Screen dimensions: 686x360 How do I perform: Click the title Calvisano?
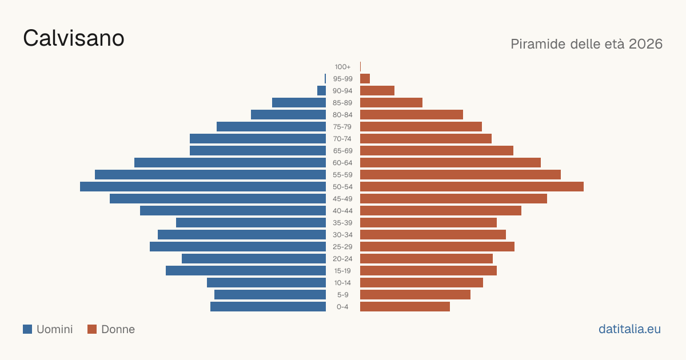[x=74, y=38]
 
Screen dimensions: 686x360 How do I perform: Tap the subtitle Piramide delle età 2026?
[x=587, y=44]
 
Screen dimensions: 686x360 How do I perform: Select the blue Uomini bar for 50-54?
[x=203, y=187]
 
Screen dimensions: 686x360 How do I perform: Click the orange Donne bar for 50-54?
[x=472, y=187]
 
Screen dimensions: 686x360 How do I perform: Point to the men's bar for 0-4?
[x=268, y=307]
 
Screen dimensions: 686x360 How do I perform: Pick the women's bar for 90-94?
[x=377, y=91]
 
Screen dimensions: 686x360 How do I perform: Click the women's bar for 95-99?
[x=365, y=79]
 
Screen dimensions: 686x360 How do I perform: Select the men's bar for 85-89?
[x=299, y=102]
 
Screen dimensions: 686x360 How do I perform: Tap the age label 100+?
[x=342, y=67]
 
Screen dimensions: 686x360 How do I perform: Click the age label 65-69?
[x=342, y=151]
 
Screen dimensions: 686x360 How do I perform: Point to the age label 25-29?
[x=342, y=247]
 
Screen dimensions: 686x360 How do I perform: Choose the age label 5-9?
[x=342, y=295]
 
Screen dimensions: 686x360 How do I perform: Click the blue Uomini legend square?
[x=27, y=329]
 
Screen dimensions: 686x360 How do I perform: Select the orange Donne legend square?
[x=92, y=329]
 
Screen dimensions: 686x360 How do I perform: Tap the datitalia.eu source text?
[x=629, y=329]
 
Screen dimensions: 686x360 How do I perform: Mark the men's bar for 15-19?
[x=246, y=271]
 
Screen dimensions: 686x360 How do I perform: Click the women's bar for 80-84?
[x=412, y=115]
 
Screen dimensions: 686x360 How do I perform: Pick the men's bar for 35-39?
[x=251, y=222]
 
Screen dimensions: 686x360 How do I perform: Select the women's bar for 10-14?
[x=421, y=282]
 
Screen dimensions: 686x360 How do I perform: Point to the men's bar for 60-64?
[x=230, y=162]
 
